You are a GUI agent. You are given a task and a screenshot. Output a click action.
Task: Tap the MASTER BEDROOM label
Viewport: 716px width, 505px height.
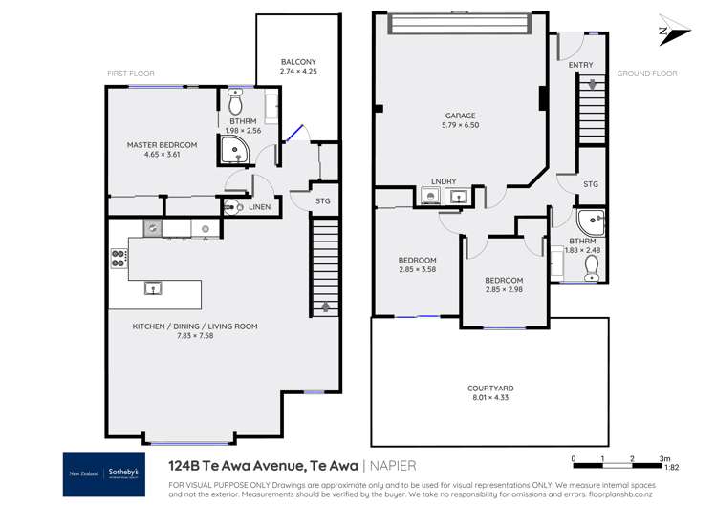(162, 145)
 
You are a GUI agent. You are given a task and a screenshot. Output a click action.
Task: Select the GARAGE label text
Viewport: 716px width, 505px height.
(459, 115)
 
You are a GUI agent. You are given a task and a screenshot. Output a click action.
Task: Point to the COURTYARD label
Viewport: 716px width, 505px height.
(490, 389)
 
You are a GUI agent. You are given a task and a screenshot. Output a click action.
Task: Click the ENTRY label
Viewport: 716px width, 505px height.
(580, 65)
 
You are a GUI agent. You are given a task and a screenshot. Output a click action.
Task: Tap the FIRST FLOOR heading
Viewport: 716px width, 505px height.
(131, 74)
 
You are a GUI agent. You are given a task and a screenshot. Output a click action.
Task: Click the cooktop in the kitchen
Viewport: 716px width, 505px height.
(119, 257)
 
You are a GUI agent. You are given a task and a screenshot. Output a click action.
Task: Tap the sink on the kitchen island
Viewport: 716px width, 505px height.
(151, 287)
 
